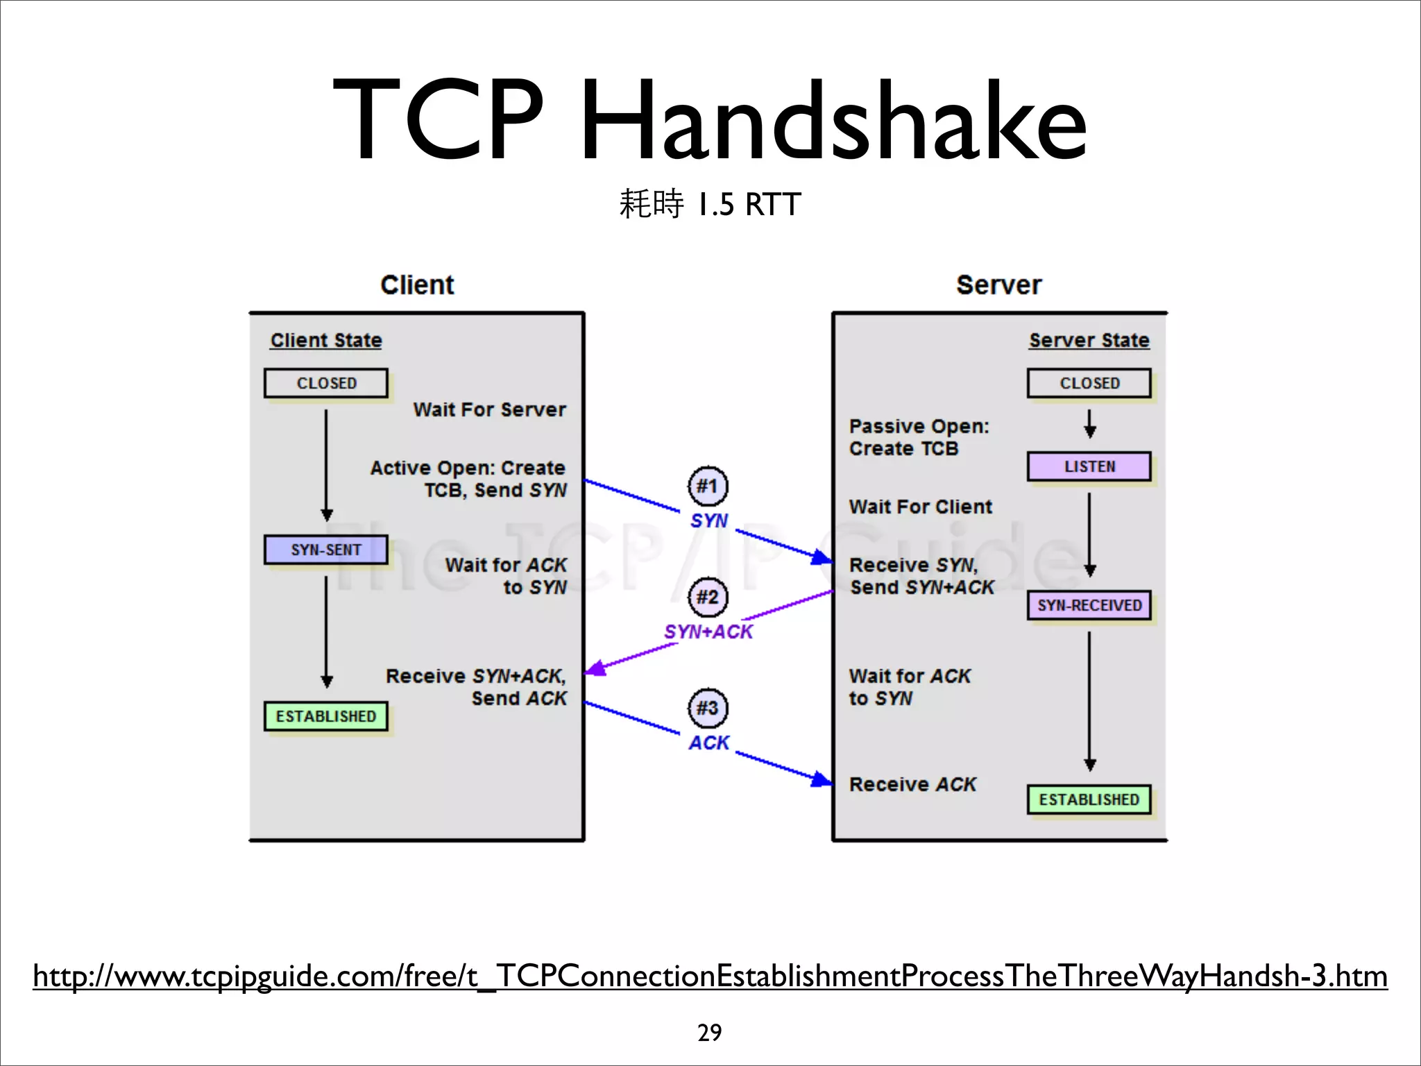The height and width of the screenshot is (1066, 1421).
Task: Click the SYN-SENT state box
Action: [325, 550]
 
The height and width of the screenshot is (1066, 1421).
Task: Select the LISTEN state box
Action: [1089, 466]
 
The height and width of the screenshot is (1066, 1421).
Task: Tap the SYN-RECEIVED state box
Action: [1089, 605]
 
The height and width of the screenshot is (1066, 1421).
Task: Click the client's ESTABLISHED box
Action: [325, 716]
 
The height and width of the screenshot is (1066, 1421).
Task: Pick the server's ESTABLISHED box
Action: [1089, 799]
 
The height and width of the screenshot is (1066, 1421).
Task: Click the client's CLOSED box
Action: [325, 383]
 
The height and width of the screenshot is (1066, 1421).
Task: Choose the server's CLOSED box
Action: [1089, 383]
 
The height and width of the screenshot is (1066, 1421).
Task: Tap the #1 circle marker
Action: [708, 486]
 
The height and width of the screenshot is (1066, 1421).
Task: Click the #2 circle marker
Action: [708, 597]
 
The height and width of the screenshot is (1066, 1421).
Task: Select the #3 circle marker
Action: [708, 708]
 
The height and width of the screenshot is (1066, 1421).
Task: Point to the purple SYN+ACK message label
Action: [708, 632]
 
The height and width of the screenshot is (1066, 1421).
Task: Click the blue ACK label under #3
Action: [708, 743]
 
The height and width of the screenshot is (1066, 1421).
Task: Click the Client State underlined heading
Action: [326, 340]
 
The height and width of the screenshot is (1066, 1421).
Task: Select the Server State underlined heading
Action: [1089, 340]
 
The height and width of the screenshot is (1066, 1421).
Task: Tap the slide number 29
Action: [709, 1033]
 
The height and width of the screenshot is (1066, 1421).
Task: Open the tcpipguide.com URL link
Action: [709, 976]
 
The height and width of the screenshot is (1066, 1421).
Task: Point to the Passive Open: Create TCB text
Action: [918, 437]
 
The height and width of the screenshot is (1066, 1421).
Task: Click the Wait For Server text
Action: [489, 409]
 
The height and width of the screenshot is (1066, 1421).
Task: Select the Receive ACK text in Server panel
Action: [912, 784]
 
